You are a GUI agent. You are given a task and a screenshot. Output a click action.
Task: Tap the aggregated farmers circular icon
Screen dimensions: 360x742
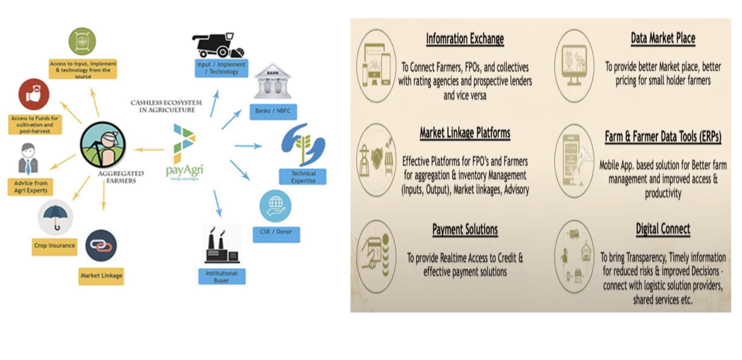[x=103, y=145]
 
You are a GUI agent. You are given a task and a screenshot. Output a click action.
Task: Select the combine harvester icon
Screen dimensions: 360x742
[x=218, y=45]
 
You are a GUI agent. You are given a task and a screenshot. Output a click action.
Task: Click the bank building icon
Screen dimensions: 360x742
[x=273, y=82]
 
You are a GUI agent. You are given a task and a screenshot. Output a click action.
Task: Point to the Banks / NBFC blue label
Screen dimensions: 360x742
[x=273, y=111]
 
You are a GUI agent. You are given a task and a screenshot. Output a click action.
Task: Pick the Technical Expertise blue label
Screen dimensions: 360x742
[x=303, y=176]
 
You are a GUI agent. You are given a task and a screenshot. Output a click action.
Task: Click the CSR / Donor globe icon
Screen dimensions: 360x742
[x=275, y=206]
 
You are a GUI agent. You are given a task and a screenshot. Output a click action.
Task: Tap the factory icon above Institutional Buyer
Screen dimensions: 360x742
[x=222, y=245]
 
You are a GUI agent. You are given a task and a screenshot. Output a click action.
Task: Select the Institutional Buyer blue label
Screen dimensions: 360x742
[x=222, y=277]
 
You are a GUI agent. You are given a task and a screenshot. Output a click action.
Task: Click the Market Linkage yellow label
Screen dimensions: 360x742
[x=101, y=276]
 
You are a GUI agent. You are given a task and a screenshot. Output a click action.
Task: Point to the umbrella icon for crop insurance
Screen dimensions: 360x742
[x=55, y=217]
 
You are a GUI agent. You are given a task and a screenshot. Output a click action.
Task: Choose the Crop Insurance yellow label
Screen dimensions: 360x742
[x=55, y=246]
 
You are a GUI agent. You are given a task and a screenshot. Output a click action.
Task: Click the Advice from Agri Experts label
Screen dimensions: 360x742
[x=31, y=187]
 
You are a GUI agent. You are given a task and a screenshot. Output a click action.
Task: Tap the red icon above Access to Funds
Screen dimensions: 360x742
[x=34, y=94]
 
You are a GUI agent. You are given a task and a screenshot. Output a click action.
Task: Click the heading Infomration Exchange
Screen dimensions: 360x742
[x=465, y=39]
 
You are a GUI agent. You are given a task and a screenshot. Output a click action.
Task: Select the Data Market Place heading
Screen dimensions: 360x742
[x=663, y=38]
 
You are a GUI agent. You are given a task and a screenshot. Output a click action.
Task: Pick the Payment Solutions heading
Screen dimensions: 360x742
[x=465, y=229]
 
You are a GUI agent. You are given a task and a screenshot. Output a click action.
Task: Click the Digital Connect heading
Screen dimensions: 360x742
[x=663, y=229]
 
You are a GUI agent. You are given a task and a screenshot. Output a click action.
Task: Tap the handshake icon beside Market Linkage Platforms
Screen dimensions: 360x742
[x=376, y=160]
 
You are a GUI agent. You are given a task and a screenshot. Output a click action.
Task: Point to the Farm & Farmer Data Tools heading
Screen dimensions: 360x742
[x=663, y=137]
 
